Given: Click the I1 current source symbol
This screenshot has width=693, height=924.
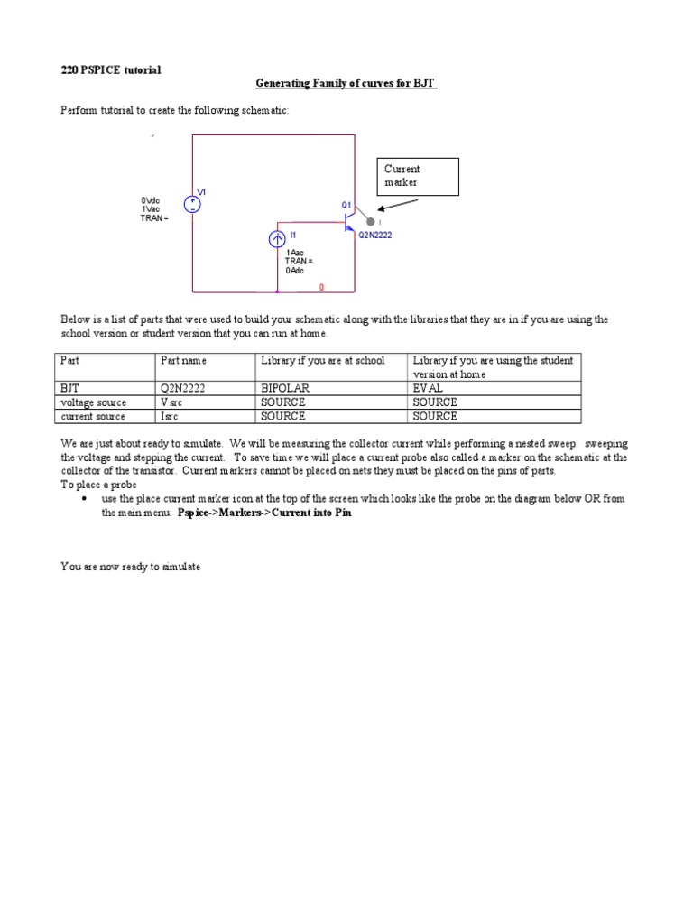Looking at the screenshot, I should (x=278, y=239).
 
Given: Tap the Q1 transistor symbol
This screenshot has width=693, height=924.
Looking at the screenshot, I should (x=348, y=222).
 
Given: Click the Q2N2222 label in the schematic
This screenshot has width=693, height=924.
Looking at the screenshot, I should (x=375, y=236).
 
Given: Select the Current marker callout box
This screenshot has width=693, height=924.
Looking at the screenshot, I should (x=418, y=176).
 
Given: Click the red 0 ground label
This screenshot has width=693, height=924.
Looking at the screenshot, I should (x=321, y=288).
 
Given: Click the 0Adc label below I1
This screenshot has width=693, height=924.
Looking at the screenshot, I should (x=294, y=271).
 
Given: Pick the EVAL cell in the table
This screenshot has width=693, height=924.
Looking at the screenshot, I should (x=429, y=388).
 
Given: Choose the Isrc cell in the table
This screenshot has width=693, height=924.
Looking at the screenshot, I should (x=173, y=417).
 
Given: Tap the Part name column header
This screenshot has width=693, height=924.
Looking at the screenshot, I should (x=183, y=361).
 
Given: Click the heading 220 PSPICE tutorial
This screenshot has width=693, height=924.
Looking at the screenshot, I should (x=111, y=69).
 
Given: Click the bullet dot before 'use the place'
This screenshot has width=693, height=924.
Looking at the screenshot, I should (x=84, y=498).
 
